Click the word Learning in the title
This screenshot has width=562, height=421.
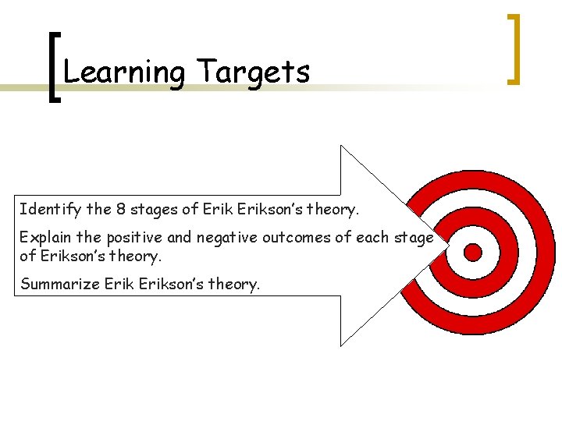pos(123,73)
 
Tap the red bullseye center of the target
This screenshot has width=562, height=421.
pos(473,251)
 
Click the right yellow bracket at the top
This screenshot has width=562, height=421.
pos(514,48)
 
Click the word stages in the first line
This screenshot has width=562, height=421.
pos(160,209)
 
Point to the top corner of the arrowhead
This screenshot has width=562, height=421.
pos(341,147)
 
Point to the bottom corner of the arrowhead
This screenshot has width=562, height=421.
pos(341,345)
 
